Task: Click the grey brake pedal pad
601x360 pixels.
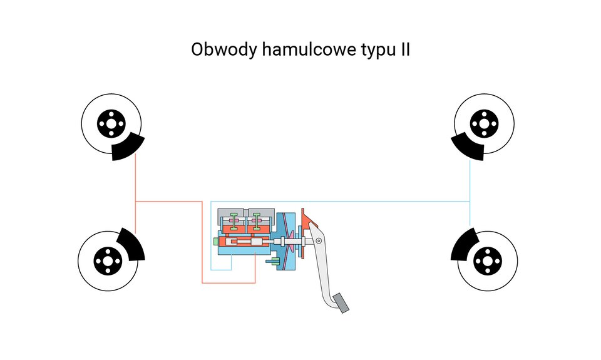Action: pyautogui.click(x=341, y=302)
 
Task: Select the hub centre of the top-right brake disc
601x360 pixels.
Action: pyautogui.click(x=483, y=123)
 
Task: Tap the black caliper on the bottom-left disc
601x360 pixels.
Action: pyautogui.click(x=131, y=245)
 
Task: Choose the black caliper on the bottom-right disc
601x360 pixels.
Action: pyautogui.click(x=463, y=245)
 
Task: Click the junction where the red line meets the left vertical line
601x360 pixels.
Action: pyautogui.click(x=136, y=202)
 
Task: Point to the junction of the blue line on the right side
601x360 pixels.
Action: pyautogui.click(x=470, y=202)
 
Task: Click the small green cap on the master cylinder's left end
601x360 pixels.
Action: pyautogui.click(x=215, y=242)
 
